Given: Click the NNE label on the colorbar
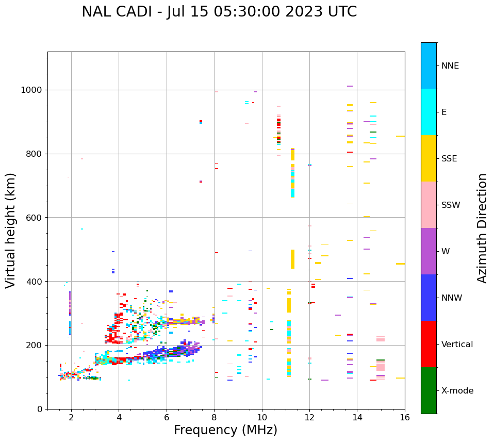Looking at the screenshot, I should click(450, 66).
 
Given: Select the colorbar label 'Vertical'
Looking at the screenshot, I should click(457, 345).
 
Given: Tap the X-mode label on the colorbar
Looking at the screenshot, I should click(457, 391).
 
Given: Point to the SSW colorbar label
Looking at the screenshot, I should click(451, 205).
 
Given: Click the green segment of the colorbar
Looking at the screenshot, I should click(429, 390).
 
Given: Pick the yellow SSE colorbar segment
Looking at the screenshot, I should click(429, 158).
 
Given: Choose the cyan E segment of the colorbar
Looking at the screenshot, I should click(429, 112).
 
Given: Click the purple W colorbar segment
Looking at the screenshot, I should click(429, 251).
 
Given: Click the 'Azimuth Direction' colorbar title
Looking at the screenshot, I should click(483, 228).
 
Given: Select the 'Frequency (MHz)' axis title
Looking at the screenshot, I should click(225, 430).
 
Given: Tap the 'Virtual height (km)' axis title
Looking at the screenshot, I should click(11, 231).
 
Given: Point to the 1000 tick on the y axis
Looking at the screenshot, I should click(32, 90).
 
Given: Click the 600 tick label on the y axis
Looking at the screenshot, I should click(35, 218).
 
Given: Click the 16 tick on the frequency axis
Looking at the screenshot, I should click(405, 418).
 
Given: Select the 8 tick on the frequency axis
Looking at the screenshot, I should click(214, 418).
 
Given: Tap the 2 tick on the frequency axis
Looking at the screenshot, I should click(71, 418).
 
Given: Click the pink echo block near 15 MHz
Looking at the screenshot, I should click(381, 366).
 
